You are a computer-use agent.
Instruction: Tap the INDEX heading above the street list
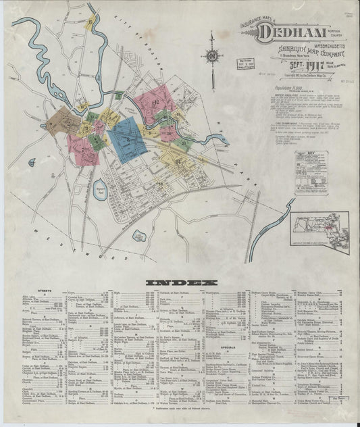click(181, 282)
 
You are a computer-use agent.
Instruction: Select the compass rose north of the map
click(211, 57)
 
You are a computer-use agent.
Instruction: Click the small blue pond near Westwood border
click(139, 236)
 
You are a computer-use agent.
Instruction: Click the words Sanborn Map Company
click(292, 51)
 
